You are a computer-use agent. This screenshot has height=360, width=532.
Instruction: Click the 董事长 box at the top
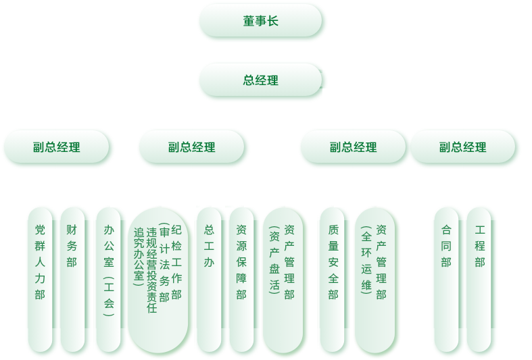(x=260, y=20)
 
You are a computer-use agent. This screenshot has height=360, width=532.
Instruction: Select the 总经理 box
(x=260, y=80)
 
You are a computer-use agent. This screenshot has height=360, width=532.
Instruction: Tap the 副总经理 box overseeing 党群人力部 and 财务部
(x=56, y=147)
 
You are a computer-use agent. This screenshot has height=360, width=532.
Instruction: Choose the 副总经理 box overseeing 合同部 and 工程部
(x=463, y=147)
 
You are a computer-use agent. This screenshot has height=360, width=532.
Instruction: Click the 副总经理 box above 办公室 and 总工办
(x=191, y=147)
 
